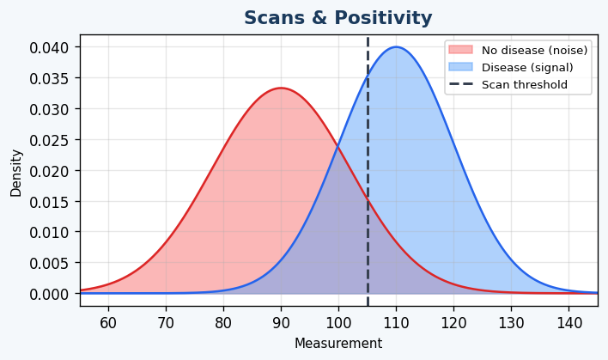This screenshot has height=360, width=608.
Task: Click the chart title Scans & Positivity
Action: coord(337,18)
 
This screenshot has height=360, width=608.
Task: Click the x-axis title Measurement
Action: coord(337,344)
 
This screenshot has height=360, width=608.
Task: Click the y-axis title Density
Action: coord(16,173)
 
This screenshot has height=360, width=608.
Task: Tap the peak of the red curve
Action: coord(281,88)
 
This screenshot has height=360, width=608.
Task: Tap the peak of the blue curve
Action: coord(396,47)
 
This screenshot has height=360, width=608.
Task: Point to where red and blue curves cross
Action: coord(338,148)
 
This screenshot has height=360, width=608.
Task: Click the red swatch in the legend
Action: coord(460,51)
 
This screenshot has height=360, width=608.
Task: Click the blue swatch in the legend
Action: coord(460,67)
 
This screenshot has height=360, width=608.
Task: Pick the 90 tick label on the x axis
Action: coord(281,323)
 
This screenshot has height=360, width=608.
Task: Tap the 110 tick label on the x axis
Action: coord(396,323)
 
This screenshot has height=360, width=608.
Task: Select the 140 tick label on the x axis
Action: coord(568,323)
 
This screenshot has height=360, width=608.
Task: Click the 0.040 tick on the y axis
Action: coord(49,47)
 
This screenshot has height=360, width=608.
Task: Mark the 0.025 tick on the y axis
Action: coord(49,140)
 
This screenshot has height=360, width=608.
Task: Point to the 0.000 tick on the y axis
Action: coord(49,294)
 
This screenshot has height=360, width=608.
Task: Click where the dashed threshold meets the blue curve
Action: coord(368,77)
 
